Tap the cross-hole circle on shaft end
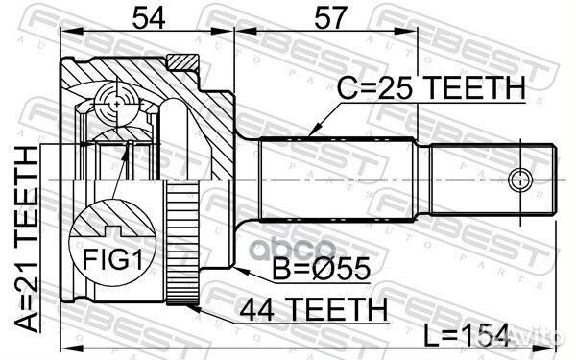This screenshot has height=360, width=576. (x=519, y=179)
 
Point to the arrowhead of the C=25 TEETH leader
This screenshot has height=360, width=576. (x=307, y=133)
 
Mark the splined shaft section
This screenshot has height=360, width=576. (x=336, y=179)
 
